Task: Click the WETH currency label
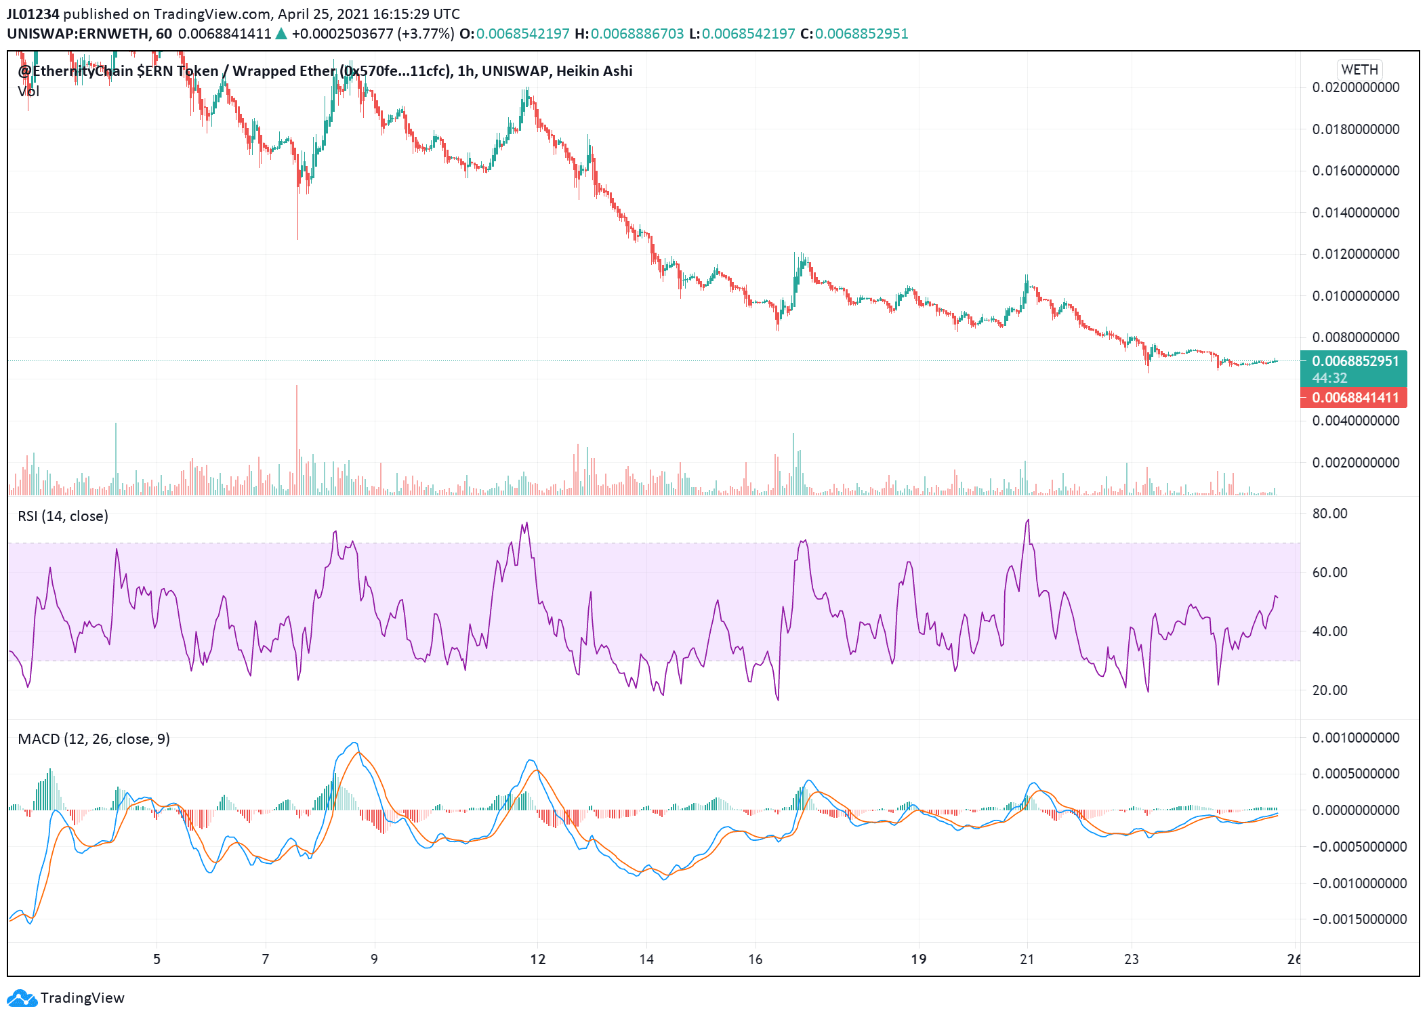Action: (1359, 70)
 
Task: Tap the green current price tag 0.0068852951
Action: (1354, 361)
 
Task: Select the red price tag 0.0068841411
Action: (1354, 398)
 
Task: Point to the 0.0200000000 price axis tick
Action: (1355, 87)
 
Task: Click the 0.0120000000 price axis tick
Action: (1355, 254)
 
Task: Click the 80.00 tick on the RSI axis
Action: (1329, 514)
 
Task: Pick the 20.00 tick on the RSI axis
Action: (1329, 690)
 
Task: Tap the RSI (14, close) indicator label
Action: (63, 516)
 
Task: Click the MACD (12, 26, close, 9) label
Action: (94, 739)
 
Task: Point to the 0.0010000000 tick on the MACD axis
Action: (1355, 738)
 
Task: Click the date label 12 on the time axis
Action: (537, 959)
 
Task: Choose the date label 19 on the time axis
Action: (918, 959)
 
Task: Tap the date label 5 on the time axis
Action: (157, 959)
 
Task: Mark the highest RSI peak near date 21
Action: (1028, 520)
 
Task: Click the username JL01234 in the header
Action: (33, 14)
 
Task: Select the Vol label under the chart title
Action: (28, 91)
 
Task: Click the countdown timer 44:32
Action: (1329, 378)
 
